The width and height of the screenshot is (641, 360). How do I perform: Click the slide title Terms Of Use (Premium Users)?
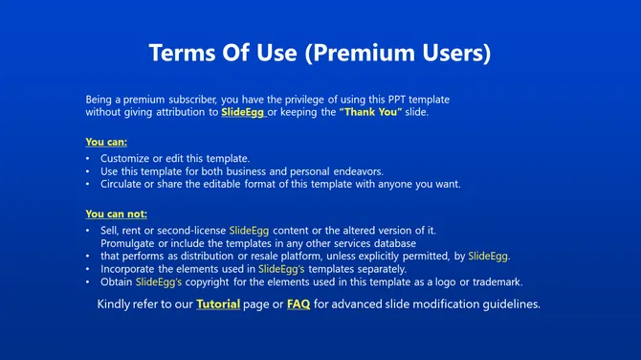coord(320,53)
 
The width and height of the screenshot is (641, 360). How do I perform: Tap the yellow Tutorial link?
coord(218,304)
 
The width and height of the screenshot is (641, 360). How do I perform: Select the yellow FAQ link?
coord(298,304)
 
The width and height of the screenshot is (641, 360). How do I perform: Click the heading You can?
coord(106,142)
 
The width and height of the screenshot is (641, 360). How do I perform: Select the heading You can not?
coord(117,214)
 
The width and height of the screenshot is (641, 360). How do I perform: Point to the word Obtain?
coord(117,281)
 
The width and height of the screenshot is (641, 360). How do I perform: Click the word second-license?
coord(192,231)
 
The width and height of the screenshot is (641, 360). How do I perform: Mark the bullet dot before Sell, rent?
coord(88,231)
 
